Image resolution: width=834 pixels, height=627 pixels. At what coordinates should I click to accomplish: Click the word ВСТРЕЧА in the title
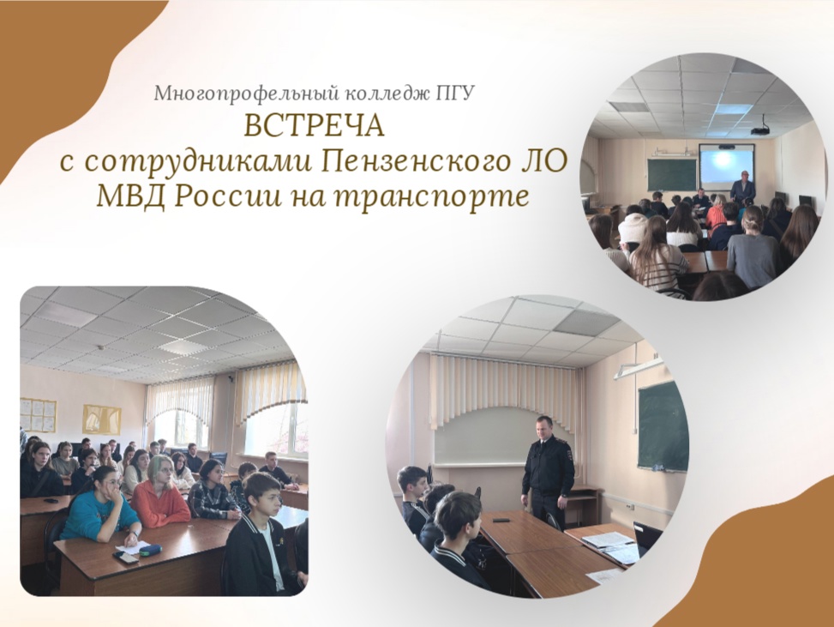coord(315,126)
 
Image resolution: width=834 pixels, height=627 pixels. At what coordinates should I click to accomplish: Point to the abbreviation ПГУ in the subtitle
coord(455,93)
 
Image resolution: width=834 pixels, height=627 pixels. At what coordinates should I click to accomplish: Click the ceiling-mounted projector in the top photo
coord(760,130)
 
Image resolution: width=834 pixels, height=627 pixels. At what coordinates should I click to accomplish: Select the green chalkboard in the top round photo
coord(671,173)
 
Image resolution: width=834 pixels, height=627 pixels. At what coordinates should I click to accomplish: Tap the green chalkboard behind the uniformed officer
coord(661,425)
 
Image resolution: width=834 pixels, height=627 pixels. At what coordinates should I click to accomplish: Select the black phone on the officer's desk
coord(501,519)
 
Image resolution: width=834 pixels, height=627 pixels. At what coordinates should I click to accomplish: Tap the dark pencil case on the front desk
coord(151,551)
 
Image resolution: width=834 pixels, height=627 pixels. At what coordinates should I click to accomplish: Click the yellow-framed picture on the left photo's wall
coord(101,419)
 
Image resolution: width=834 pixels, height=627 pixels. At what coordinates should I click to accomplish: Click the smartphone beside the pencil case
coord(126,558)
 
